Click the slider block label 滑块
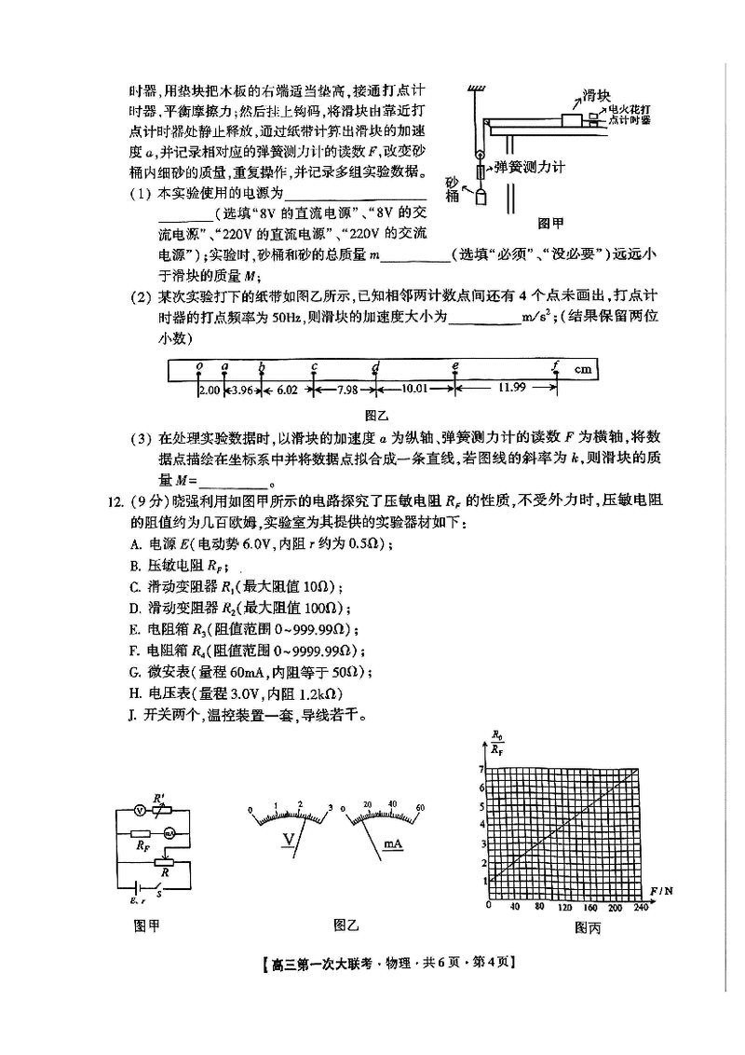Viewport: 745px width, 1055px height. [596, 95]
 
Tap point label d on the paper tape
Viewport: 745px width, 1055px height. [375, 366]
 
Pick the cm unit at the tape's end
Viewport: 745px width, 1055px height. [583, 369]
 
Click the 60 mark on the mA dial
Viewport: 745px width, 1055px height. [420, 804]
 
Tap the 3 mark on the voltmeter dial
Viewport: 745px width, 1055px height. [331, 805]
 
